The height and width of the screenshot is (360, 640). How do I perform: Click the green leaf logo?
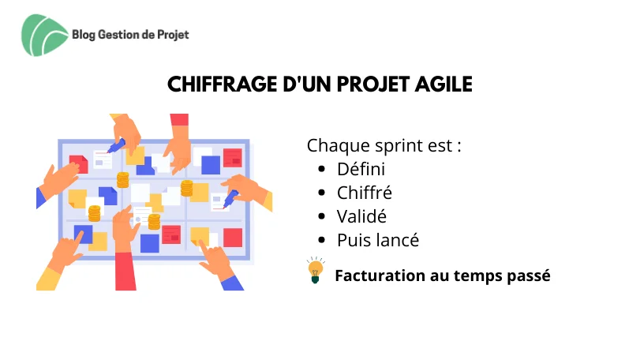click(44, 35)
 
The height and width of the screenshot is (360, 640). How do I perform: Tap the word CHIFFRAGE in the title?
click(223, 84)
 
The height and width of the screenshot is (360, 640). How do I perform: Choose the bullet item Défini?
click(361, 169)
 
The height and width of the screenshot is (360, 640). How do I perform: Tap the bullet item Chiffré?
click(364, 193)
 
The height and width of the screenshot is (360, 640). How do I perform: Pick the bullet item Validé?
click(361, 216)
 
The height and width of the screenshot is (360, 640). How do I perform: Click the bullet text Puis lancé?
click(378, 240)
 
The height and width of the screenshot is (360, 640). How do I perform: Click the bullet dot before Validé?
click(322, 217)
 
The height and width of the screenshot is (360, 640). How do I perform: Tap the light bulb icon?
click(316, 270)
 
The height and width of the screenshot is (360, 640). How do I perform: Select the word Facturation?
click(380, 276)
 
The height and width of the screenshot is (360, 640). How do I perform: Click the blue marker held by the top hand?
click(116, 146)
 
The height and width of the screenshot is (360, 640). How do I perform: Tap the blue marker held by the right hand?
click(230, 199)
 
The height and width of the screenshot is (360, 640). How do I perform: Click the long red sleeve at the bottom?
click(125, 272)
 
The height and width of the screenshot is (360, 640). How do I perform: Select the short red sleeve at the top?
click(179, 119)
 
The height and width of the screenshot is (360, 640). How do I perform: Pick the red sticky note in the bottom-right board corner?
click(233, 238)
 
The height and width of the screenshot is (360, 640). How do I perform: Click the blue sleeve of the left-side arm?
click(41, 197)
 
